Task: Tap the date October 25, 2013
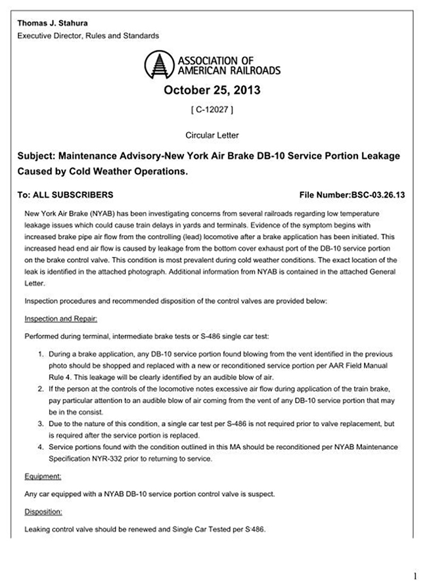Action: [213, 90]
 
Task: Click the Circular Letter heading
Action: [213, 135]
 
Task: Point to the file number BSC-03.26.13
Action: [351, 195]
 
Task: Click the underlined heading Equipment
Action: [43, 477]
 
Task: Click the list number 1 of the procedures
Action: [41, 355]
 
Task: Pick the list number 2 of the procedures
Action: [41, 390]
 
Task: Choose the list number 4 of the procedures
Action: [41, 448]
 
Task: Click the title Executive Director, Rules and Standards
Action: [88, 35]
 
